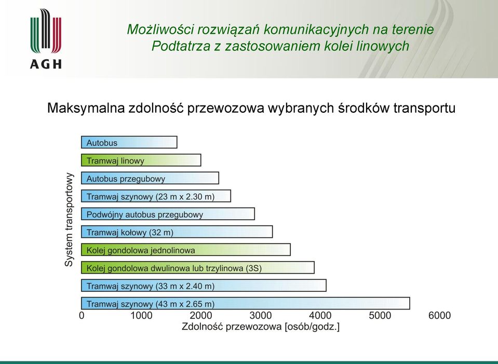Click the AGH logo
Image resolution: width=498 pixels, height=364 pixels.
[46, 38]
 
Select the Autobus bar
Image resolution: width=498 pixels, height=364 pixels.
[129, 142]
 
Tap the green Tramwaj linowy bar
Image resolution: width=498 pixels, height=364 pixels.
[141, 160]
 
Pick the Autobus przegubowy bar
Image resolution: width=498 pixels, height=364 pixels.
[150, 178]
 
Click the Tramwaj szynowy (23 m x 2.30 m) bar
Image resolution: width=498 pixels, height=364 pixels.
[156, 196]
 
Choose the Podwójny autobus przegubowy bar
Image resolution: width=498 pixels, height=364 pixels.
[168, 214]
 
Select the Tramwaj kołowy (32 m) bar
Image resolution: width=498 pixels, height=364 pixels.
[177, 232]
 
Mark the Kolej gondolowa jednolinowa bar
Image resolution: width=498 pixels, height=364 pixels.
[186, 250]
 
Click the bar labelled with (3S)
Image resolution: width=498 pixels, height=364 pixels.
[197, 267]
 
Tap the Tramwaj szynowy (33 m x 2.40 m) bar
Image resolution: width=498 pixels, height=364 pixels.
[204, 285]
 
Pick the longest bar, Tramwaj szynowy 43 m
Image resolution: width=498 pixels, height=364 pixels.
[246, 303]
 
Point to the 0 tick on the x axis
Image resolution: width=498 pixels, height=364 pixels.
[82, 315]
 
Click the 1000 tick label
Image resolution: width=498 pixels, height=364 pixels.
[141, 315]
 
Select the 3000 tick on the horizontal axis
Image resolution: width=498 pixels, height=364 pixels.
[261, 315]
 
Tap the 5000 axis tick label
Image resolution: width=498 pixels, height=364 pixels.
[380, 315]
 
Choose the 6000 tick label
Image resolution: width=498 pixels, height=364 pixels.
[439, 315]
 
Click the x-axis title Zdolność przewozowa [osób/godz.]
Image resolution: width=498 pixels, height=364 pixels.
[261, 327]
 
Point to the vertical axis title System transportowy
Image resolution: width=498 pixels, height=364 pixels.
[69, 220]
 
